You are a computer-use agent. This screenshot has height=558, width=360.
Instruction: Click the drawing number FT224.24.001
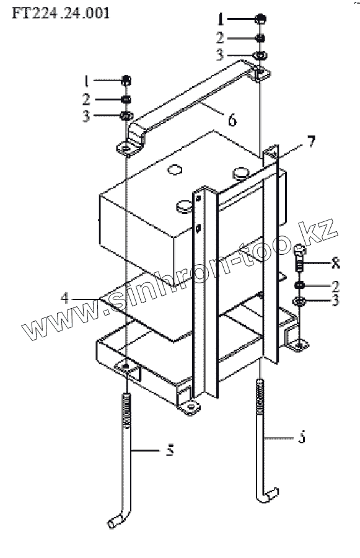pyautogui.click(x=61, y=13)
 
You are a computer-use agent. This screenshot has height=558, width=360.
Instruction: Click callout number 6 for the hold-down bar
pyautogui.click(x=232, y=120)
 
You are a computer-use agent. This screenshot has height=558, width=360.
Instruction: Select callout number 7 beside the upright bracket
pyautogui.click(x=311, y=141)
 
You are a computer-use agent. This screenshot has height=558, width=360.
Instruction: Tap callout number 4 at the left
pyautogui.click(x=64, y=298)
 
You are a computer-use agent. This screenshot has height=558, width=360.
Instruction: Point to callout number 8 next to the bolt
pyautogui.click(x=335, y=263)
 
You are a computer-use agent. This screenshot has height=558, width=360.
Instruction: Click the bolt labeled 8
pyautogui.click(x=300, y=257)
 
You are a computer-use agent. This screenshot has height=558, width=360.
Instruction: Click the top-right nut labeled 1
pyautogui.click(x=261, y=18)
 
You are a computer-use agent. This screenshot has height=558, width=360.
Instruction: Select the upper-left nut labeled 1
pyautogui.click(x=126, y=80)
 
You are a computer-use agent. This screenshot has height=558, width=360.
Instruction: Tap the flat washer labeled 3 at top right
pyautogui.click(x=260, y=55)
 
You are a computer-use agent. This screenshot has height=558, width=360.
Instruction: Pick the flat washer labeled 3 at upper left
pyautogui.click(x=126, y=115)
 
